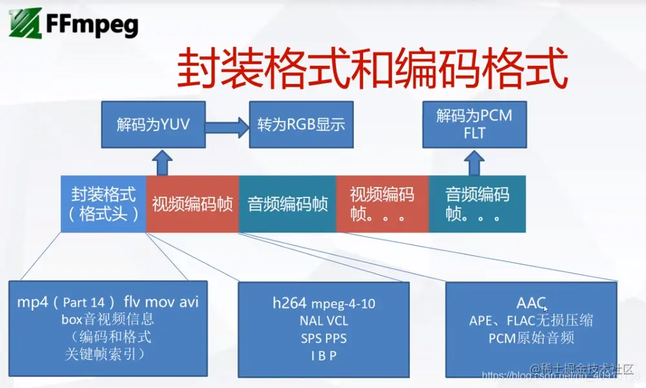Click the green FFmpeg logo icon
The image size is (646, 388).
24,25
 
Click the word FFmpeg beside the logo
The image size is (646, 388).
92,25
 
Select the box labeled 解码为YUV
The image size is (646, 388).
153,124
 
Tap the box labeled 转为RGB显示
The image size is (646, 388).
301,124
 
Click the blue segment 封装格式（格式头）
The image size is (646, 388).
103,204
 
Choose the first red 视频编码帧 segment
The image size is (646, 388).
193,204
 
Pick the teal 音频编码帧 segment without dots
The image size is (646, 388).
287,204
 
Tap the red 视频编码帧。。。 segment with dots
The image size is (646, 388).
382,204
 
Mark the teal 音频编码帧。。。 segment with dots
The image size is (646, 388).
477,204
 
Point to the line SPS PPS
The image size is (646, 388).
323,338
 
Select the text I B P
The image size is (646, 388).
323,355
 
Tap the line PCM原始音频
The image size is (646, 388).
531,338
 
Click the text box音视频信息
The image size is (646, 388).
108,319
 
